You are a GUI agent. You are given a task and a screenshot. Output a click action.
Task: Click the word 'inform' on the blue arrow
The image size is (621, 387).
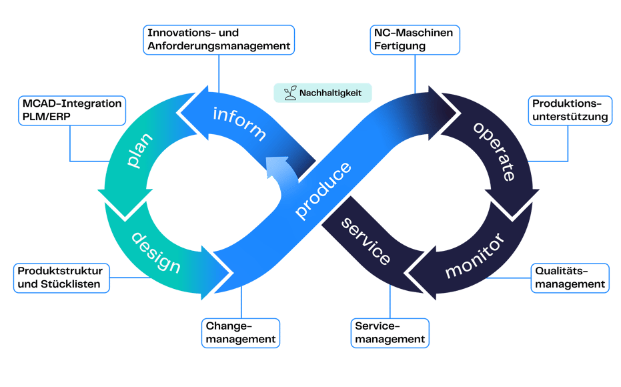239,123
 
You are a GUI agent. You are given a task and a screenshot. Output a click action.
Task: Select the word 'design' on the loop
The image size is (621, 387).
156,253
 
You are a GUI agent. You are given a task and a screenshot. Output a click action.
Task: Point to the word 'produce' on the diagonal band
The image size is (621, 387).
323,190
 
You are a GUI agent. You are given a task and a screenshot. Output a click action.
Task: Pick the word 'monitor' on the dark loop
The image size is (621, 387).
475,256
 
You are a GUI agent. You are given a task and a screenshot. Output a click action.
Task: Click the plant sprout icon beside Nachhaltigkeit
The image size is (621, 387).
290,93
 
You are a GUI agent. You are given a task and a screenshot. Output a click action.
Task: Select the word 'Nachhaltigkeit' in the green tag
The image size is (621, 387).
330,93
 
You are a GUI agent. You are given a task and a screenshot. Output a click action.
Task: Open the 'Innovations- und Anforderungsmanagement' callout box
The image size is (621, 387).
219,39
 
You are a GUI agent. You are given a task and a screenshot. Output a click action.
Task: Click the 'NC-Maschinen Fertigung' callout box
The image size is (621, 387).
415,39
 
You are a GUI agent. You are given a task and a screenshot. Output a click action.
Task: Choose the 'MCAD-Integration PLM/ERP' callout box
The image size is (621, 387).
72,111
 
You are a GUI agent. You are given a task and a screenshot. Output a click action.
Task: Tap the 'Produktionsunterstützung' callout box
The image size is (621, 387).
570,111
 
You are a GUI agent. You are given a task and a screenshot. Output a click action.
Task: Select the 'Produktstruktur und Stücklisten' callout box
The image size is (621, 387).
61,278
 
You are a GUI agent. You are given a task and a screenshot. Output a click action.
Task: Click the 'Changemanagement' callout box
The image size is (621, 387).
241,333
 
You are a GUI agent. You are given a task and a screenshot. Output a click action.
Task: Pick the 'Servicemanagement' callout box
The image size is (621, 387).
390,333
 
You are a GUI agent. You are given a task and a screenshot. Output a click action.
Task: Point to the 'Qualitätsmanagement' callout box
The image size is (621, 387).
570,278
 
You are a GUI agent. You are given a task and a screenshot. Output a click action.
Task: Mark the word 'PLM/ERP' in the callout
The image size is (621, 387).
46,117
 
